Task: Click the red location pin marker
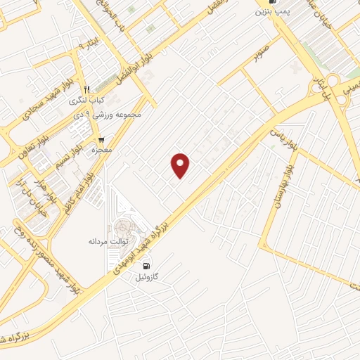(x=181, y=165)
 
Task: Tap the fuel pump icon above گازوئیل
(x=146, y=266)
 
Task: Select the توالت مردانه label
(x=105, y=240)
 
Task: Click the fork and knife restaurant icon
(x=86, y=89)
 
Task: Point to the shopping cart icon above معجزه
(x=101, y=140)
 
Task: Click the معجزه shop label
(x=101, y=150)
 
